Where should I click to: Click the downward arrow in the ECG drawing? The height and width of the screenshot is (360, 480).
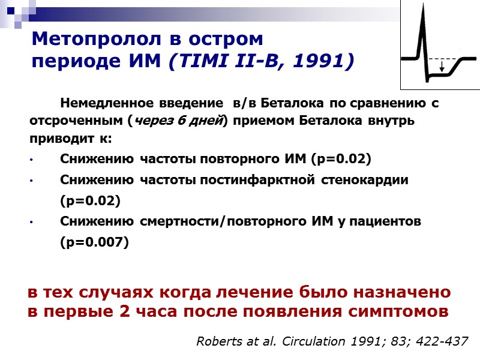442,67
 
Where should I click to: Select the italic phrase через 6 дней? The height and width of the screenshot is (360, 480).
178,121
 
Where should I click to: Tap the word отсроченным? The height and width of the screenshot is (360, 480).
77,121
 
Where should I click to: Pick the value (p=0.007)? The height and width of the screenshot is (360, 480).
94,242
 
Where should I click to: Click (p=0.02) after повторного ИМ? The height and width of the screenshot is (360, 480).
341,160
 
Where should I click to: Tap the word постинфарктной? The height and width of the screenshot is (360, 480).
262,180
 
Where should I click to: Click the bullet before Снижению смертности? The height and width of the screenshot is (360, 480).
30,222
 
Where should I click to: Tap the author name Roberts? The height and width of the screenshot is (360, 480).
217,341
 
